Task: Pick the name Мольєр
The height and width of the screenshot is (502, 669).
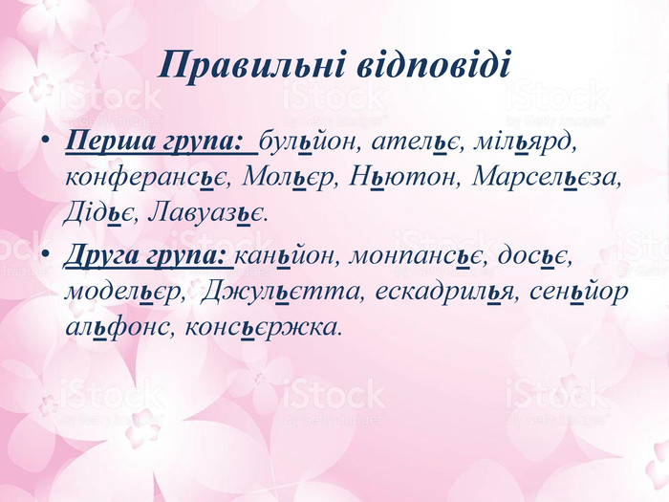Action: tap(287, 178)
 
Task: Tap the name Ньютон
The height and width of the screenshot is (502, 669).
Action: tap(402, 178)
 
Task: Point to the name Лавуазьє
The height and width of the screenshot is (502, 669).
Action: tap(207, 212)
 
